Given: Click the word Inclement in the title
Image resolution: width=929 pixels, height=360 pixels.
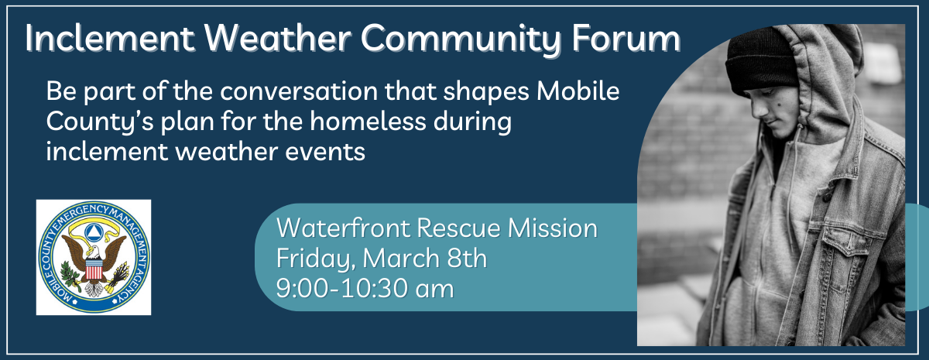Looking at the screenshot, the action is (109, 39).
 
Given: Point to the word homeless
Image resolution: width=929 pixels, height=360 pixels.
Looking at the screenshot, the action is (369, 122).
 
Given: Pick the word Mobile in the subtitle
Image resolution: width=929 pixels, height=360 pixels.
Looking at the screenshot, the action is (578, 91).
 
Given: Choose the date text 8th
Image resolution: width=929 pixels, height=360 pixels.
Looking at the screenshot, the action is (467, 259).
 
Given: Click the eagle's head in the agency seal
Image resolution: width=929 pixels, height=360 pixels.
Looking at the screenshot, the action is (94, 252).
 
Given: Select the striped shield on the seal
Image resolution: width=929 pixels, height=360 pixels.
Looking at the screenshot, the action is (94, 269).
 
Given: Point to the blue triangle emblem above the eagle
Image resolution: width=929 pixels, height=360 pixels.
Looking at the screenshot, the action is (94, 231).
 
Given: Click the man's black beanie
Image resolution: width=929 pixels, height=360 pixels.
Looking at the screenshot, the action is (763, 61).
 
